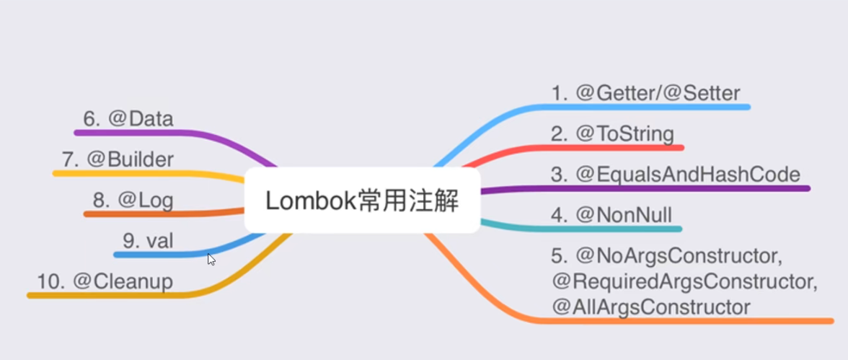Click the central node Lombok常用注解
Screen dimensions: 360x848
pyautogui.click(x=362, y=201)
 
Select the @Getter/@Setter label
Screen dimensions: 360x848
pyautogui.click(x=645, y=93)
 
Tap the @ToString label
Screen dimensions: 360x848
pyautogui.click(x=612, y=133)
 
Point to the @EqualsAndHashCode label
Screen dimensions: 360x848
pyautogui.click(x=676, y=174)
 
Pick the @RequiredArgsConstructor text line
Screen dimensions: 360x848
pyautogui.click(x=684, y=281)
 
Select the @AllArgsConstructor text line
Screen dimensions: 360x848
pyautogui.click(x=651, y=307)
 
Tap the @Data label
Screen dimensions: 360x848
pyautogui.click(x=128, y=118)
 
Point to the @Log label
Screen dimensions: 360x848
pyautogui.click(x=133, y=200)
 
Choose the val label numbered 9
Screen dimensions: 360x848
pyautogui.click(x=149, y=240)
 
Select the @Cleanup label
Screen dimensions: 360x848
pyautogui.click(x=105, y=281)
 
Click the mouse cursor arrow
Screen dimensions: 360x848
pyautogui.click(x=211, y=259)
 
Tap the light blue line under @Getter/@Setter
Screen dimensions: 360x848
pyautogui.click(x=649, y=107)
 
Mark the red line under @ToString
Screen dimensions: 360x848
pyautogui.click(x=613, y=147)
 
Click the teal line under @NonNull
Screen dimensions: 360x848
pyautogui.click(x=613, y=229)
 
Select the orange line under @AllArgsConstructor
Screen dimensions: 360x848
pyautogui.click(x=685, y=320)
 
